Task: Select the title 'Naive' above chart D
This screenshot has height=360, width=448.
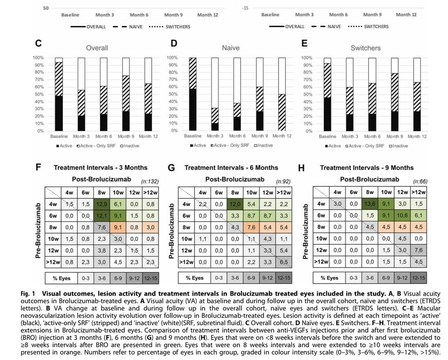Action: [231, 48]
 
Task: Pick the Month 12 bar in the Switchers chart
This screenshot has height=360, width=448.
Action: [416, 94]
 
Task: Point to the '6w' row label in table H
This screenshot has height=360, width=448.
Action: [322, 215]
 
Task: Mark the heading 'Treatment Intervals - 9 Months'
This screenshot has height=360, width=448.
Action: [367, 168]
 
